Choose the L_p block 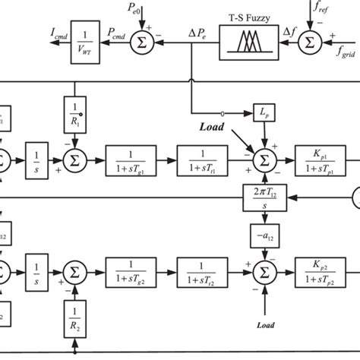[263, 112]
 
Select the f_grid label [346, 52]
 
